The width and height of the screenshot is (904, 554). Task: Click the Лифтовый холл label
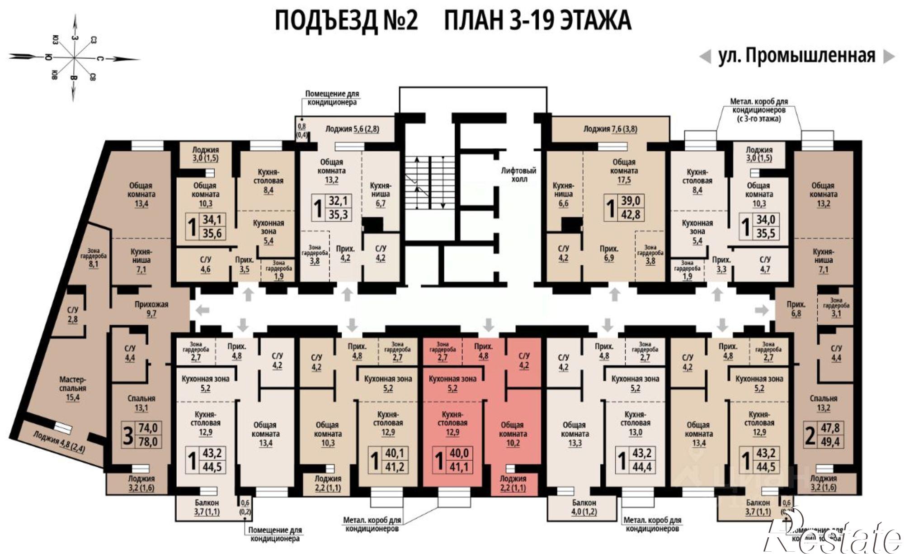[x=518, y=175]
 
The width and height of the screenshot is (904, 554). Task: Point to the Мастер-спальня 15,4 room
[x=72, y=388]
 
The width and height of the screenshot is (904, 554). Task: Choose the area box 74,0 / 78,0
[x=141, y=434]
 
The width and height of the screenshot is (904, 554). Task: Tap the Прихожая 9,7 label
[x=151, y=309]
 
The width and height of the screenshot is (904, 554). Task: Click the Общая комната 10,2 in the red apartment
[x=512, y=434]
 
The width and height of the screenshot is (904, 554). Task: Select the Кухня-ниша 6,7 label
[x=380, y=194]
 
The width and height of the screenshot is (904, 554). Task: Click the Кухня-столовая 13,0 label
[x=635, y=423]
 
